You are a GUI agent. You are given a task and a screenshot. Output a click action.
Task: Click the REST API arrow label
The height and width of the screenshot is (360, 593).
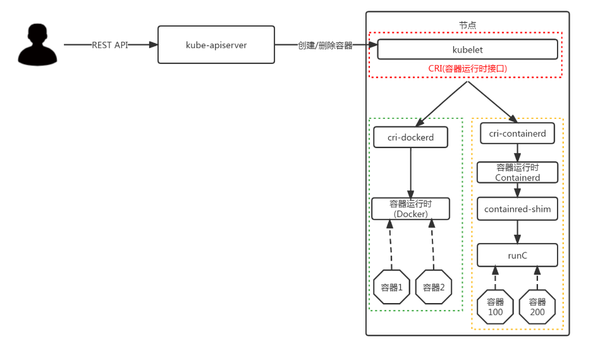point(110,45)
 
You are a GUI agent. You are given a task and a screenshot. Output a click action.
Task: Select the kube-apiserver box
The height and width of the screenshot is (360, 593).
point(216,45)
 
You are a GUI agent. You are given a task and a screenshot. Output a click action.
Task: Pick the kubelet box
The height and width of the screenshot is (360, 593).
point(467,49)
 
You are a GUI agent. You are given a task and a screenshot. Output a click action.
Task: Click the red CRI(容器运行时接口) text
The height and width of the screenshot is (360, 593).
point(467,68)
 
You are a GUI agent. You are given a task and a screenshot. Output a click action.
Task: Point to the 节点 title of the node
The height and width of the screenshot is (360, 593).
point(467,25)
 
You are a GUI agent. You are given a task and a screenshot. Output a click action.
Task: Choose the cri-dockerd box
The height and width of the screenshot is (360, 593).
point(411,137)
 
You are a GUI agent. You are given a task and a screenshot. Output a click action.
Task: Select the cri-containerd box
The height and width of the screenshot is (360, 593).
point(518,133)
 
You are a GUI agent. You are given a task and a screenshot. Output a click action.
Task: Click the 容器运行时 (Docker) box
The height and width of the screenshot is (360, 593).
point(411,208)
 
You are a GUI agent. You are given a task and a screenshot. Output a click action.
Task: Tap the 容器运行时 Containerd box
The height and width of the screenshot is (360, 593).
point(518,172)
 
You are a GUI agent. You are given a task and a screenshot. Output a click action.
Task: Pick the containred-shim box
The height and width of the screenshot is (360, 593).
point(518,209)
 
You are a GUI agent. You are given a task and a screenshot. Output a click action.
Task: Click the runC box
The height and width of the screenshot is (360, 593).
point(518,255)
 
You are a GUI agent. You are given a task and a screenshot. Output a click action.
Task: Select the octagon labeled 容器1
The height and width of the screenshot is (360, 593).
point(392,287)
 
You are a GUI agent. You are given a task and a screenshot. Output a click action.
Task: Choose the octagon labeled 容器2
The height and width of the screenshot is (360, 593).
point(434,287)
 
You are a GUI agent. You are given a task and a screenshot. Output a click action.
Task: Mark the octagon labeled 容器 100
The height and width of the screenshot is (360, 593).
point(495,307)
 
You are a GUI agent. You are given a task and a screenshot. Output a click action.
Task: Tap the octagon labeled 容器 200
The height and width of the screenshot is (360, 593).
point(537,307)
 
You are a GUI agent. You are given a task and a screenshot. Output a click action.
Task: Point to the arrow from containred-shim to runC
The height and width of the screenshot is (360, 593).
point(518,232)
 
